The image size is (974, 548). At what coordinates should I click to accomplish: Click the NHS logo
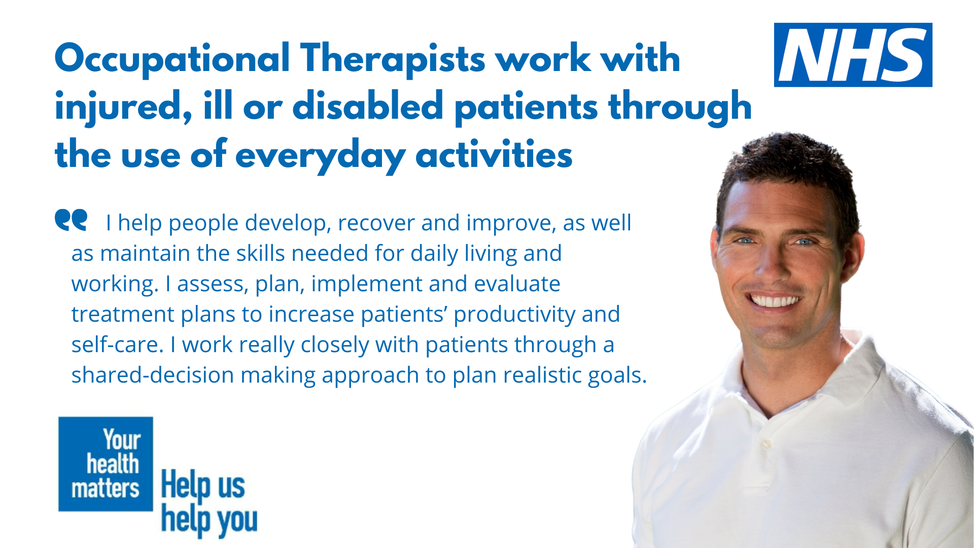[853, 55]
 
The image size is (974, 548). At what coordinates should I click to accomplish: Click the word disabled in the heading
[368, 107]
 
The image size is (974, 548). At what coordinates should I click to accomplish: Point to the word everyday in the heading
[320, 155]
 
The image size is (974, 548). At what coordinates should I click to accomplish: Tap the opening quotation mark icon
[71, 220]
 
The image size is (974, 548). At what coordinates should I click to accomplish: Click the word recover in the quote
[376, 223]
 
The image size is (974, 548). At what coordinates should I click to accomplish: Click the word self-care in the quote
[117, 345]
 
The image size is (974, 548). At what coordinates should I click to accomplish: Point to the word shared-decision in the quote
[152, 375]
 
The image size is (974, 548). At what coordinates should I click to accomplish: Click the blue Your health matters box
[106, 464]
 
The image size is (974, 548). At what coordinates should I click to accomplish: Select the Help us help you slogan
[208, 502]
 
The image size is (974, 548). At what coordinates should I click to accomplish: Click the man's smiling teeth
[775, 301]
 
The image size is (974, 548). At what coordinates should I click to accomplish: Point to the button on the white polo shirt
[767, 444]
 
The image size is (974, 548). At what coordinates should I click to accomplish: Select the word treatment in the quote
[122, 315]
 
